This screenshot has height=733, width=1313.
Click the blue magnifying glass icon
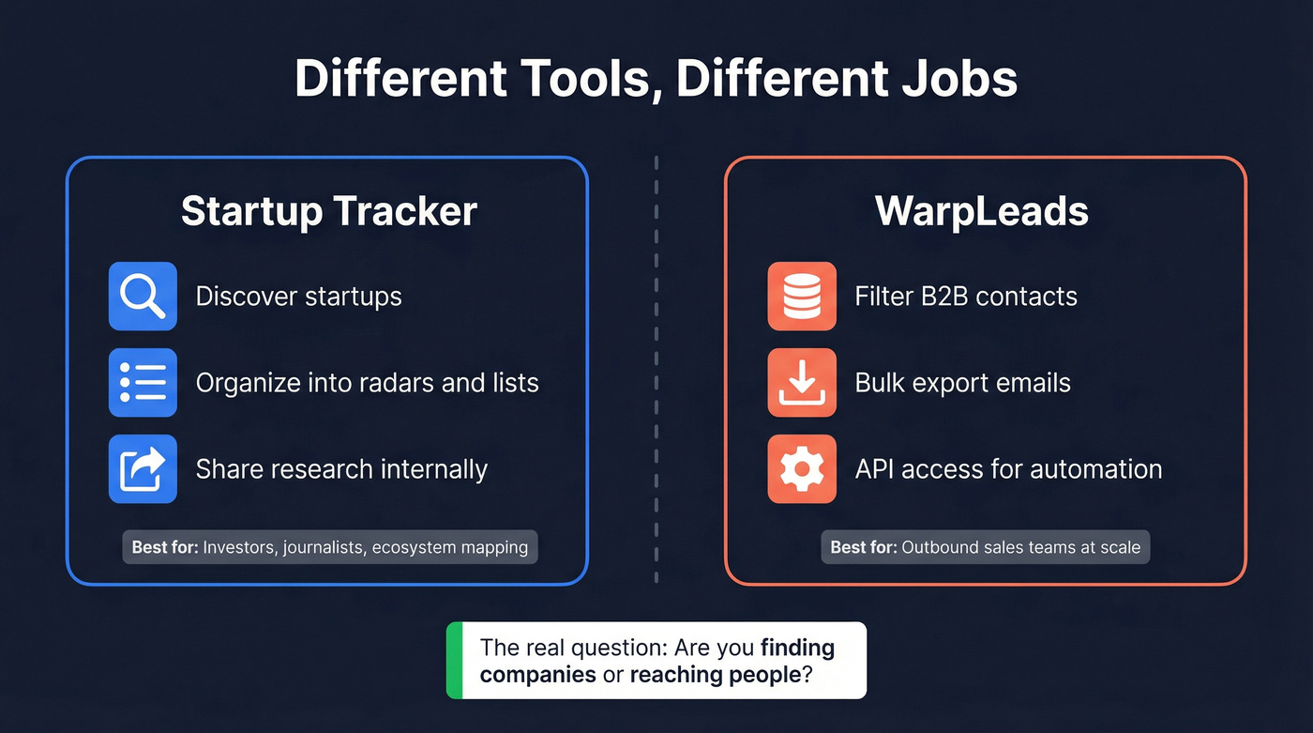click(x=143, y=297)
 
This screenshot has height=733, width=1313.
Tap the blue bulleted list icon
click(x=143, y=383)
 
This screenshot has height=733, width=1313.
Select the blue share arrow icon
click(x=143, y=469)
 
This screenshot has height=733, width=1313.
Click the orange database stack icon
click(x=802, y=297)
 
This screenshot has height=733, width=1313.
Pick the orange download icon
click(x=802, y=383)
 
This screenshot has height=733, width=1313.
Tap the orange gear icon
click(x=802, y=469)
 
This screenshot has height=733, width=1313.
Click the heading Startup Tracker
click(x=328, y=211)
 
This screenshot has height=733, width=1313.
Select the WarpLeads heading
click(x=982, y=211)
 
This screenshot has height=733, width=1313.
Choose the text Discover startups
click(x=298, y=297)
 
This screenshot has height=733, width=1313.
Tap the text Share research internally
click(x=341, y=469)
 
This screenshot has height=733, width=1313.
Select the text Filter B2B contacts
click(x=966, y=297)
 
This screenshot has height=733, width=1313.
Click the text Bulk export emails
click(x=962, y=383)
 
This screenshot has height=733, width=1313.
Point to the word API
click(x=875, y=469)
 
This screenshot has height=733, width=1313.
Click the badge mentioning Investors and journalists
click(x=329, y=547)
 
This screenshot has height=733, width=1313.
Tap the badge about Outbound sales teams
click(x=985, y=547)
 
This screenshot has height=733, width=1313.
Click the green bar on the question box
click(x=455, y=661)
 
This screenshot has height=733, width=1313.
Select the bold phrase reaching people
click(x=715, y=675)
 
